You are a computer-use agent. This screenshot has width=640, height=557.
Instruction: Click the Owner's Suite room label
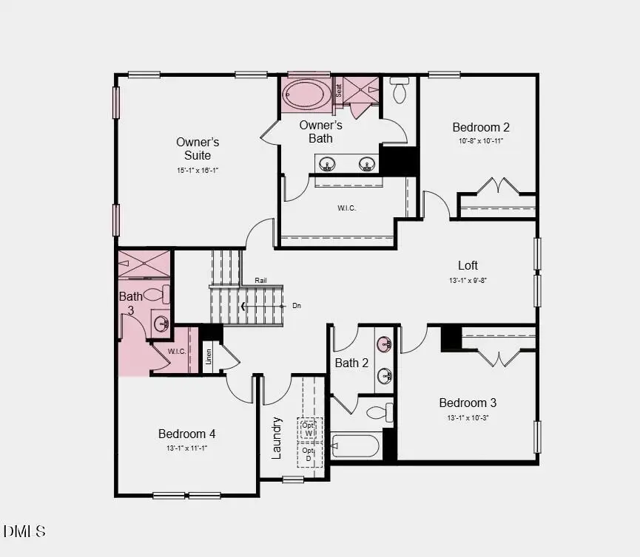tap(198, 148)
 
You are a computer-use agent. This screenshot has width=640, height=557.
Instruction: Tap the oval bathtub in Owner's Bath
tap(307, 95)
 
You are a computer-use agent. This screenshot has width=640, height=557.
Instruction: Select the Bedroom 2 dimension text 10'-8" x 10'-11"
tap(481, 140)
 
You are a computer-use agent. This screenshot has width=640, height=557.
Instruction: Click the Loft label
tap(468, 265)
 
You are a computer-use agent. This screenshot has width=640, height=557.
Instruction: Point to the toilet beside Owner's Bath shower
tap(400, 91)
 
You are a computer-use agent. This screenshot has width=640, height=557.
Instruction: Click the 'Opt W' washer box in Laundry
tap(308, 428)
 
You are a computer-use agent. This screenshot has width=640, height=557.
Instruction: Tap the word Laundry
tap(276, 438)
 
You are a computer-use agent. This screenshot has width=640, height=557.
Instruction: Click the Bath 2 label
tap(351, 363)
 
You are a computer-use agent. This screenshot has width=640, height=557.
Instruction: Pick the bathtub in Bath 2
tap(356, 446)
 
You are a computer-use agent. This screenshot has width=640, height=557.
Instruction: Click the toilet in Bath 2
tap(380, 412)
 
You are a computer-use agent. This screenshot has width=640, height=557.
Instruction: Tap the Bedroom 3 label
tap(468, 403)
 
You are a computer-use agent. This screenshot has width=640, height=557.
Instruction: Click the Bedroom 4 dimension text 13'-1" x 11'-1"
tap(186, 448)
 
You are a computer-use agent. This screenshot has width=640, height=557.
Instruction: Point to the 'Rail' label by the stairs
tap(260, 281)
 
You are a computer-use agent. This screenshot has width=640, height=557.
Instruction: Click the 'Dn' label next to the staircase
tap(297, 305)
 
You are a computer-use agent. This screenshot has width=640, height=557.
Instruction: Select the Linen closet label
tap(209, 357)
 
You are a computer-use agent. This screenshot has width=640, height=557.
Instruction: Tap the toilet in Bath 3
tap(156, 295)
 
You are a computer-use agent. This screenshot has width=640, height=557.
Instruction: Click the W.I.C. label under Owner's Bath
tap(346, 208)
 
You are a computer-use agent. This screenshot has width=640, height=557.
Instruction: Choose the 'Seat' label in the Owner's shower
tap(339, 90)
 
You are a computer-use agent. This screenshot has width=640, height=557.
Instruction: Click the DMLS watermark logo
tap(24, 531)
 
